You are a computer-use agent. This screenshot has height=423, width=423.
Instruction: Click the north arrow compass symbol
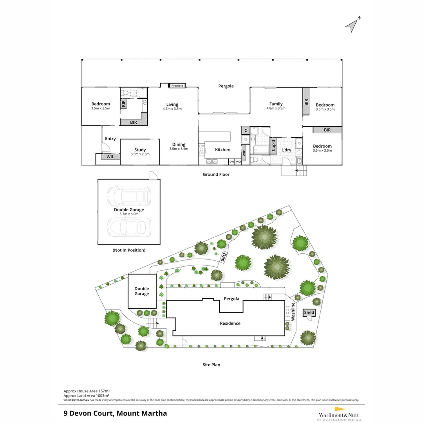(x=352, y=24)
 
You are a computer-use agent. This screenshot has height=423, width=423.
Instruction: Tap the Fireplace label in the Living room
(x=177, y=85)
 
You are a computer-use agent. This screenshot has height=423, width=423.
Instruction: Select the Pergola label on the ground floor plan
(x=226, y=86)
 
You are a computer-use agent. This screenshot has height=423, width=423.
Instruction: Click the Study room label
(x=140, y=150)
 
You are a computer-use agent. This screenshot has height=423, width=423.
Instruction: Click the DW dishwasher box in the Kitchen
(x=231, y=161)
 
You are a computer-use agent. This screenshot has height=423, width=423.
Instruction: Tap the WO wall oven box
(x=238, y=161)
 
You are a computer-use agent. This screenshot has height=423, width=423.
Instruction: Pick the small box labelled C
(x=246, y=130)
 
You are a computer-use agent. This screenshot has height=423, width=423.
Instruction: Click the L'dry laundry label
(x=286, y=150)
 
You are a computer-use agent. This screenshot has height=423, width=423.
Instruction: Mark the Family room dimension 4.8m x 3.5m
(x=276, y=108)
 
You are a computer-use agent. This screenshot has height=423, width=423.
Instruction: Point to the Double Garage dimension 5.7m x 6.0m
(x=129, y=215)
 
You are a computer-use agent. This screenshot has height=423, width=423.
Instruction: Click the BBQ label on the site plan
(x=223, y=257)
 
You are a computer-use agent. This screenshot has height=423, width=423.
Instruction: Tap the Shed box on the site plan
(x=309, y=313)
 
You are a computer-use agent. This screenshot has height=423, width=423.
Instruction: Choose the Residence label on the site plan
(x=230, y=323)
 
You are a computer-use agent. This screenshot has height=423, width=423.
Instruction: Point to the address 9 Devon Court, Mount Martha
(x=115, y=413)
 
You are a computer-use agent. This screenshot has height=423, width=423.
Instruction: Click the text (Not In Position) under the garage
(x=129, y=250)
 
